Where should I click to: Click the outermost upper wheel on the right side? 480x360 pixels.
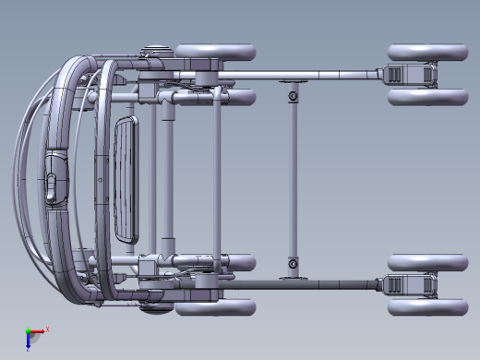[x=426, y=53]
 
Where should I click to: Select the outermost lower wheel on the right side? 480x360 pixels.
[x=426, y=306]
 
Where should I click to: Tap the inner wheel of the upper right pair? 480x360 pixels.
[x=426, y=96]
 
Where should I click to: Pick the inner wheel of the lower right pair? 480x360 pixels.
[x=426, y=262]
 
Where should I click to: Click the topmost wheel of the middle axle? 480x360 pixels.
[x=214, y=52]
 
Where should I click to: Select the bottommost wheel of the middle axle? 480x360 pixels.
[x=214, y=307]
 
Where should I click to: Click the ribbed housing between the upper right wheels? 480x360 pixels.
[x=407, y=75]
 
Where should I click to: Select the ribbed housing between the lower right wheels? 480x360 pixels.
[x=407, y=284]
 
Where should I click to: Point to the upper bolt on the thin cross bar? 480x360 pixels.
[x=294, y=95]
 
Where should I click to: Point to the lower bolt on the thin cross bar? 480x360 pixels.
[x=294, y=265]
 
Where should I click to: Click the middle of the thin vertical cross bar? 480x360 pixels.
[x=294, y=180]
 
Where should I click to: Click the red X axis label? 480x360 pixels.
[x=47, y=329]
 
